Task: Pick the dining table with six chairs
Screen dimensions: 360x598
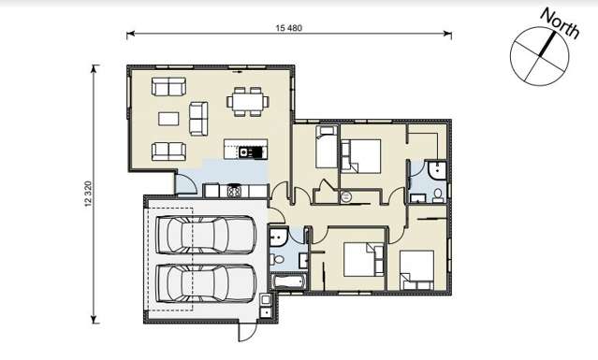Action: pos(248,100)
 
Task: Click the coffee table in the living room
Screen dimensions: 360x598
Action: pos(168,119)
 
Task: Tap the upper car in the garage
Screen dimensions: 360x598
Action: pos(206,235)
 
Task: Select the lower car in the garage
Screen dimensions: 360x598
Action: pos(206,283)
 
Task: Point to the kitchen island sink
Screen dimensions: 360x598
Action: pos(245,150)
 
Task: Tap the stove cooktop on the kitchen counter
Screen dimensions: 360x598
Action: pos(233,191)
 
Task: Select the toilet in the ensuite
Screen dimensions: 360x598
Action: pos(437,194)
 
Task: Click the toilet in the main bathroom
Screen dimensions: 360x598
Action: pos(278,259)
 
